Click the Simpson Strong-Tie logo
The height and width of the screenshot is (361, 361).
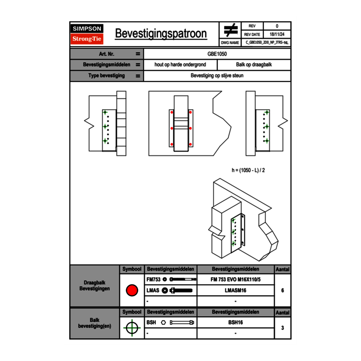pos(87,34)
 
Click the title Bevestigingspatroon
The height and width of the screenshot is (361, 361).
pos(160,34)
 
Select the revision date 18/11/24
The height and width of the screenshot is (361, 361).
pos(277,34)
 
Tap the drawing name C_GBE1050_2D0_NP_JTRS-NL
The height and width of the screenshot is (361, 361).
pos(267,42)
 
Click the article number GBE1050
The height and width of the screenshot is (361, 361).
pos(217,54)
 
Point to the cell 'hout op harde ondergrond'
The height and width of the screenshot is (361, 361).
pos(180,65)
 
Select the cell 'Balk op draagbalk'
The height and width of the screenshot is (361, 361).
pos(254,65)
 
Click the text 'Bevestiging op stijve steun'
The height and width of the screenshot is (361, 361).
pos(217,76)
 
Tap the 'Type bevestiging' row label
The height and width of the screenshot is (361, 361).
pos(106,76)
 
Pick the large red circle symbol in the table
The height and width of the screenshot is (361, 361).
pos(132,290)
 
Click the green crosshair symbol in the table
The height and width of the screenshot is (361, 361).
pos(132,328)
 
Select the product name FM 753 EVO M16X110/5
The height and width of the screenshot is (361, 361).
pos(235,279)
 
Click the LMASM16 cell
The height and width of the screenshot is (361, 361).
pos(235,290)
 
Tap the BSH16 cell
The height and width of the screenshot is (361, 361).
pos(235,322)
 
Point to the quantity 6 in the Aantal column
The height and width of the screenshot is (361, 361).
pos(282,290)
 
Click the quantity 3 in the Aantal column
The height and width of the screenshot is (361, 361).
pos(282,328)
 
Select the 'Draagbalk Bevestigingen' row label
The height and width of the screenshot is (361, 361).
pos(94,286)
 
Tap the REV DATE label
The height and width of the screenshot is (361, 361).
pos(252,34)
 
